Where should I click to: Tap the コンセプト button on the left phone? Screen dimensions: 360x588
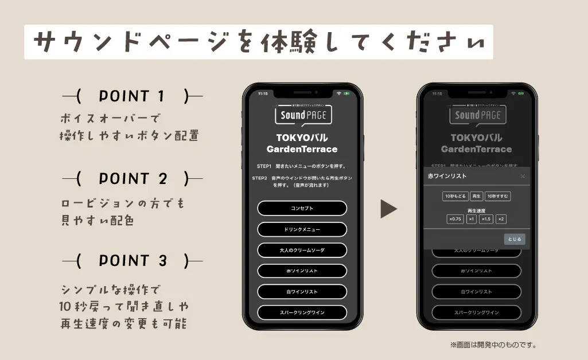302,208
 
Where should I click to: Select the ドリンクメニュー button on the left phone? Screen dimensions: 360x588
302,229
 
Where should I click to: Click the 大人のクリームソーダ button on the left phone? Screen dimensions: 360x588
302,250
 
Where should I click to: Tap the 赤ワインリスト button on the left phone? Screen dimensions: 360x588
302,271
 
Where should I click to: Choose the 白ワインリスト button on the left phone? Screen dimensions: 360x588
302,292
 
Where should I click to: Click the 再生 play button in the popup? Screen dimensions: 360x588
477,196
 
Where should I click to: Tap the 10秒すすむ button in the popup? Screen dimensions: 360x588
498,196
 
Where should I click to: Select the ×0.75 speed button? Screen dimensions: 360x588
455,219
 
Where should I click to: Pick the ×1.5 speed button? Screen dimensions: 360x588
486,219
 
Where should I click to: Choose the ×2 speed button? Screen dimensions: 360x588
501,219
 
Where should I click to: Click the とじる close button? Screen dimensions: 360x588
515,240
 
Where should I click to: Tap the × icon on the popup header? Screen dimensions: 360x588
523,176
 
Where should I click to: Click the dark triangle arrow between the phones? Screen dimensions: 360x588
388,209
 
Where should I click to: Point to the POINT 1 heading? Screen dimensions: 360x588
132,96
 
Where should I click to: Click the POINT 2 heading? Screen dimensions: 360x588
132,179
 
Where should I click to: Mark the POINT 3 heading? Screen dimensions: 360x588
132,261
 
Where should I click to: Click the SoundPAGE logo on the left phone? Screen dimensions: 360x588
302,115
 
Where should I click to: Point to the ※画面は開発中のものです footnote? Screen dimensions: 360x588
493,345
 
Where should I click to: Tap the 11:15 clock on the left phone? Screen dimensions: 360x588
263,93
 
